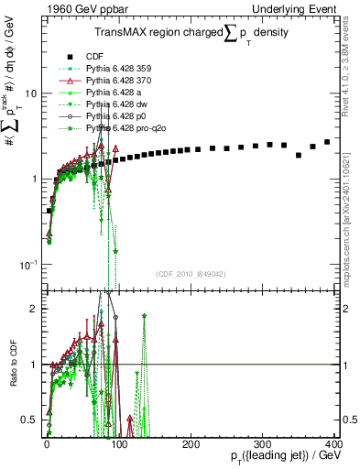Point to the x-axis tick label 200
point(191,443)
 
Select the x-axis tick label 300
point(263,443)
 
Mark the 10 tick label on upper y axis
point(29,93)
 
